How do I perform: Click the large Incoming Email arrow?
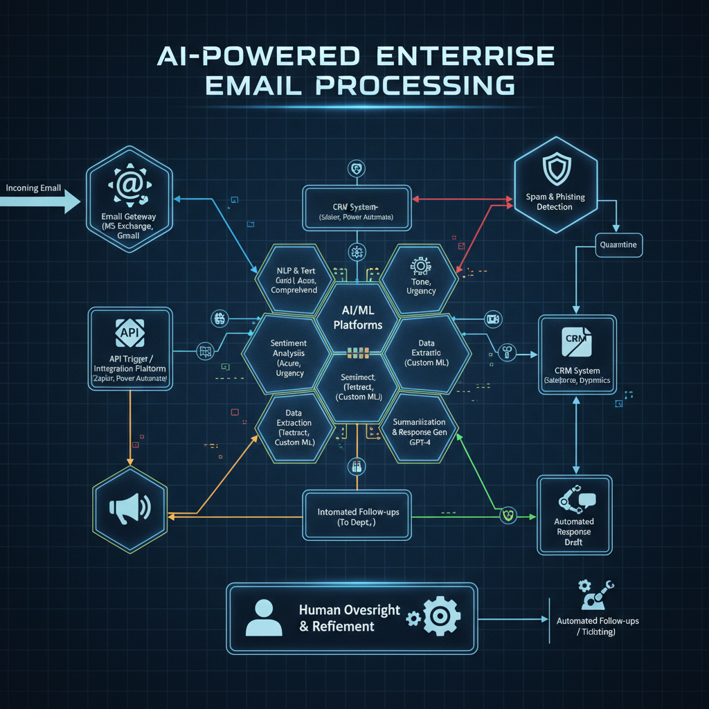(x=42, y=201)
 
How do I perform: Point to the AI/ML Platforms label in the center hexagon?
(x=357, y=318)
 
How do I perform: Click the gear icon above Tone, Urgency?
(x=420, y=267)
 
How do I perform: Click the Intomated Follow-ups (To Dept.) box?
(x=357, y=517)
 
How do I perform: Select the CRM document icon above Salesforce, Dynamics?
(x=576, y=340)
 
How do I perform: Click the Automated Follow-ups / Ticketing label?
(x=597, y=627)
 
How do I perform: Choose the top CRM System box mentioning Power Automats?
(x=357, y=208)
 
